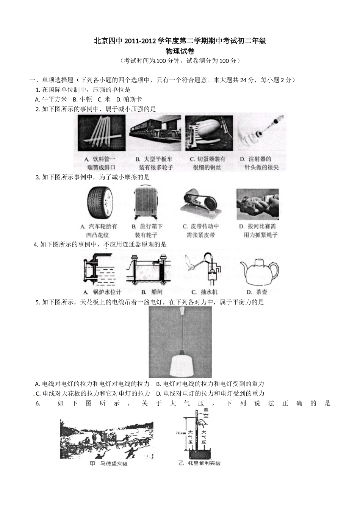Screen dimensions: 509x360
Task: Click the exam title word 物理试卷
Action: [180, 51]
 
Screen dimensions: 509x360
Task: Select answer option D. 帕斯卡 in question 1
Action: [129, 100]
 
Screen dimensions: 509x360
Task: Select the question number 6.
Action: [38, 404]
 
